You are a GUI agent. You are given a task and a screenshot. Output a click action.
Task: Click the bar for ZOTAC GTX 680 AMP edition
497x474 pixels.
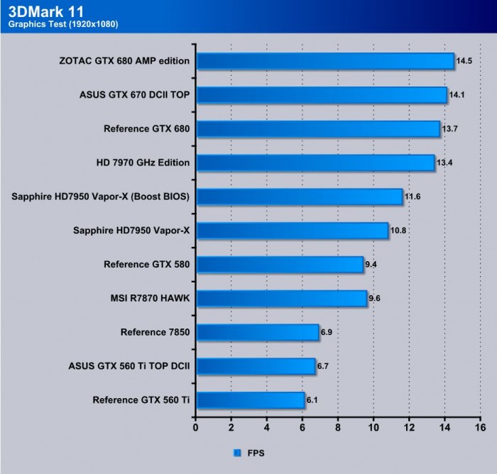pyautogui.click(x=324, y=61)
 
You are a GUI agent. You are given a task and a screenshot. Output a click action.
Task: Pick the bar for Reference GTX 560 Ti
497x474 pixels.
pyautogui.click(x=250, y=400)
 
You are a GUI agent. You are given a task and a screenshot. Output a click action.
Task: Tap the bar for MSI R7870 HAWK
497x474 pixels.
pyautogui.click(x=281, y=299)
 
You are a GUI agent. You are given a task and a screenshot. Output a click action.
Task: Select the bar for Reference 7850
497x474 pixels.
pyautogui.click(x=257, y=332)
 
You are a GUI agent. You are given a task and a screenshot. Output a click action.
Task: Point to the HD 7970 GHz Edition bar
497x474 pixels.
pyautogui.click(x=315, y=162)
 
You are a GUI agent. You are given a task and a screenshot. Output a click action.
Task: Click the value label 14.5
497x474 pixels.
pyautogui.click(x=464, y=61)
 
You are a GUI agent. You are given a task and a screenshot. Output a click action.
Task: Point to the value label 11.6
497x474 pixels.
pyautogui.click(x=413, y=197)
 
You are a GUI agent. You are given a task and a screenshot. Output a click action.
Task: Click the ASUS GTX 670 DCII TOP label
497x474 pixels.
pyautogui.click(x=134, y=94)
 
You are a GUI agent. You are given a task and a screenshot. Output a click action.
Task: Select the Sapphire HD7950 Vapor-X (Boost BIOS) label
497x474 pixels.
pyautogui.click(x=101, y=197)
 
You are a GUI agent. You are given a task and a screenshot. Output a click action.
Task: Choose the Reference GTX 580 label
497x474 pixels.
pyautogui.click(x=146, y=264)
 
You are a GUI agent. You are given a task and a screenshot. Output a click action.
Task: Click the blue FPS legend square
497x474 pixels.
pyautogui.click(x=237, y=451)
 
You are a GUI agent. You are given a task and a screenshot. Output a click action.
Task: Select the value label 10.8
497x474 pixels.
pyautogui.click(x=398, y=231)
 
